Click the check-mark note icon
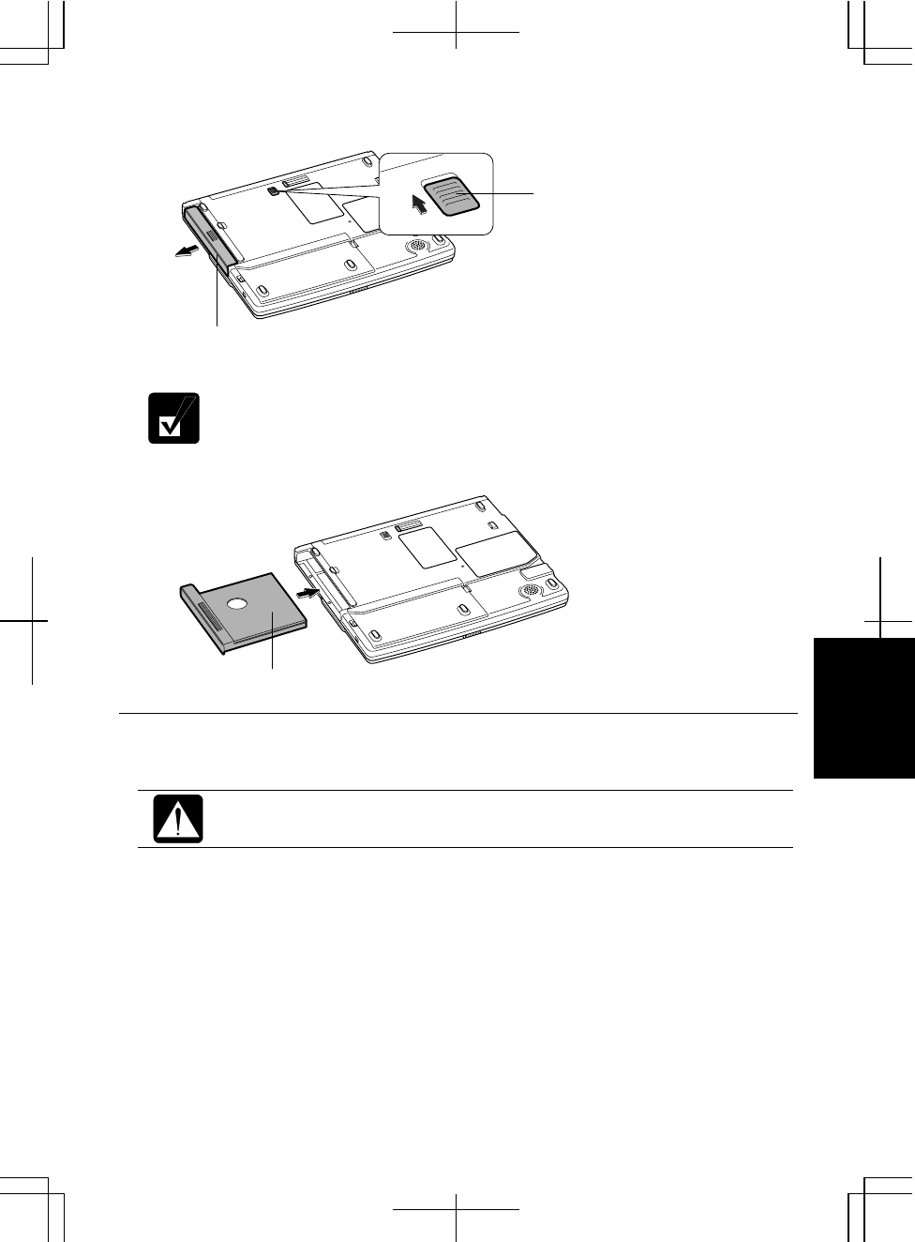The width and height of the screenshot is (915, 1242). coord(174,418)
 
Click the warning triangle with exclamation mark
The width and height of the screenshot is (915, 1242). coord(178,819)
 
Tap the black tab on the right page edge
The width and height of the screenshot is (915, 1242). coord(863,708)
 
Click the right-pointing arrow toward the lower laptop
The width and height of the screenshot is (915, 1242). coord(307,593)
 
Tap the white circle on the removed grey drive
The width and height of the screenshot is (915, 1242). coord(238,604)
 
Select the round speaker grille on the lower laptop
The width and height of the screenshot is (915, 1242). coord(531,591)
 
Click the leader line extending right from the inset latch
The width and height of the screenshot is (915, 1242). coord(506,193)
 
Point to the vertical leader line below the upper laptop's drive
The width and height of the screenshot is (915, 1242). coord(217,300)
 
